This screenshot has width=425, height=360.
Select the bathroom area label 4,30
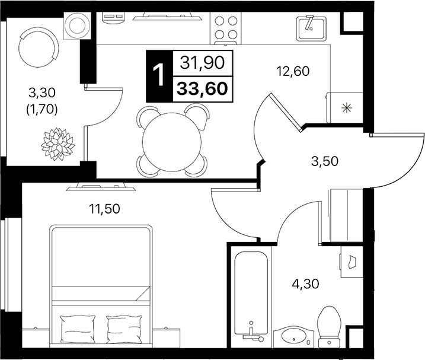[x=306, y=283]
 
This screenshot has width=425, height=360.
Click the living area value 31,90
[x=202, y=62]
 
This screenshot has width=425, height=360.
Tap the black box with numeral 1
[x=158, y=75]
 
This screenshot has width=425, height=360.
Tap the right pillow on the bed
[x=125, y=326]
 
